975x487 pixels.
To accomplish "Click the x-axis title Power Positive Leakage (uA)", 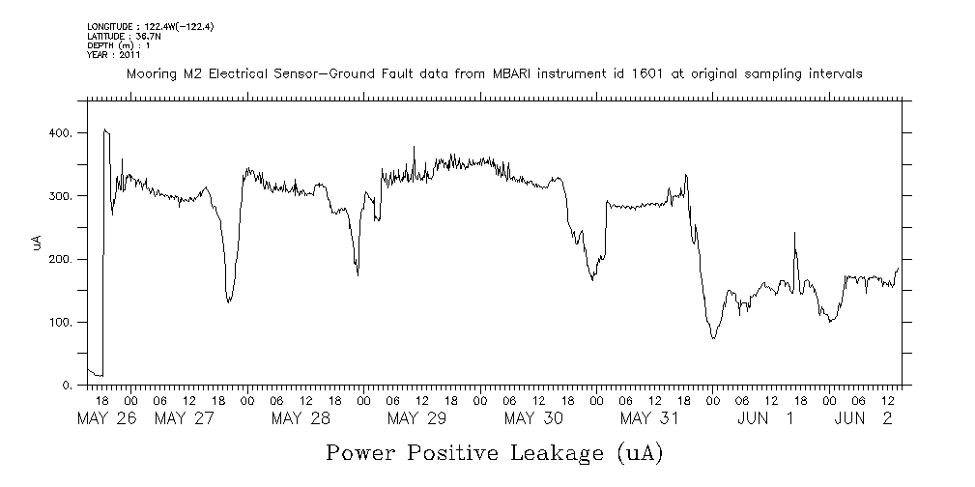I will pyautogui.click(x=494, y=452).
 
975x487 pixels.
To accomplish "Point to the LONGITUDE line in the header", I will pyautogui.click(x=150, y=26).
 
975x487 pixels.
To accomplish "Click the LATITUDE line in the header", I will pyautogui.click(x=123, y=36).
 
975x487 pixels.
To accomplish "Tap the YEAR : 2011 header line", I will pyautogui.click(x=113, y=55).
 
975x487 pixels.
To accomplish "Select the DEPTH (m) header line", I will pyautogui.click(x=119, y=45).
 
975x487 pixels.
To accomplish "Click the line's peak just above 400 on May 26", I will pyautogui.click(x=104, y=129).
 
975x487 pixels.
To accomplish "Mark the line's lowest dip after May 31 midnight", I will pyautogui.click(x=713, y=337).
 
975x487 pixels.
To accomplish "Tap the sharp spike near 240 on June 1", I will pyautogui.click(x=794, y=233).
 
